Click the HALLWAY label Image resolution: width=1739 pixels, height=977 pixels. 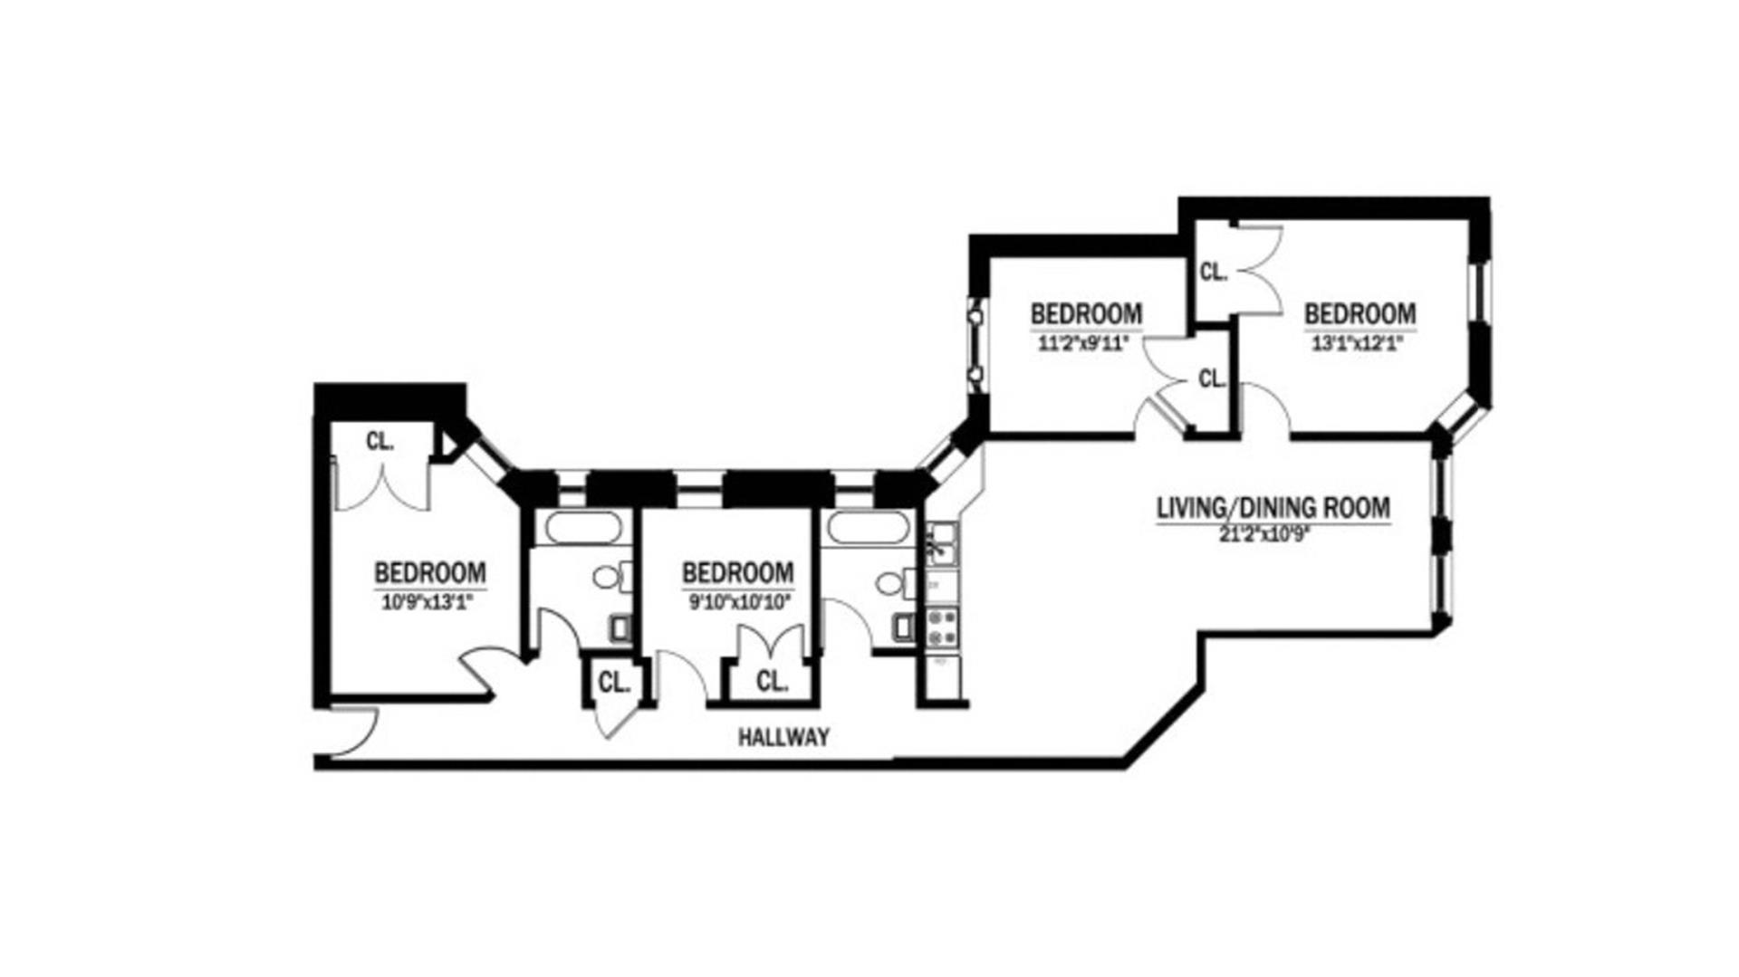[x=783, y=737]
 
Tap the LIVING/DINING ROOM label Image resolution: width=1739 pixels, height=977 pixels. [x=1273, y=508]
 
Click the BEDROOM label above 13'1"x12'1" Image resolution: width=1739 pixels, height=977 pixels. [x=1359, y=314]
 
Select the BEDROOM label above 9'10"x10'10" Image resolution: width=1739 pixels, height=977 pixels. [x=737, y=573]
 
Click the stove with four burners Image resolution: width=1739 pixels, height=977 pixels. [x=942, y=627]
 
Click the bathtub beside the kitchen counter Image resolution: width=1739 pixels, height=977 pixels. [x=868, y=527]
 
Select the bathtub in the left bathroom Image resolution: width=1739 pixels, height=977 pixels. [x=582, y=527]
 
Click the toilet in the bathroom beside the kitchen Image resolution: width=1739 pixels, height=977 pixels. [x=896, y=581]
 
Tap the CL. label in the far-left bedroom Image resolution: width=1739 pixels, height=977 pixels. [x=380, y=442]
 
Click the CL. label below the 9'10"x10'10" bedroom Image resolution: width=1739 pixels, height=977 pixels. [x=772, y=681]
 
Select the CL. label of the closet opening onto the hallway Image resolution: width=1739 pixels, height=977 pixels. [x=614, y=683]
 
